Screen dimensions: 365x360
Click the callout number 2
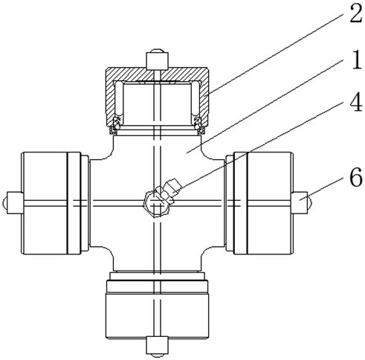click(x=356, y=13)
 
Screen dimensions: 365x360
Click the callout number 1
click(x=357, y=60)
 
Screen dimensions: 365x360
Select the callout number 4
click(x=356, y=102)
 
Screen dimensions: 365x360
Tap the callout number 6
click(x=356, y=177)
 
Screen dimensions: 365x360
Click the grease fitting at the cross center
click(x=161, y=197)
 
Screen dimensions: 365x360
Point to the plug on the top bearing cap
click(x=158, y=60)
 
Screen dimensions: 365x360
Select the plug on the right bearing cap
click(x=301, y=202)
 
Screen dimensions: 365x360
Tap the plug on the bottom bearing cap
click(x=157, y=347)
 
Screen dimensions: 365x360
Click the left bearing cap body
click(x=51, y=203)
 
